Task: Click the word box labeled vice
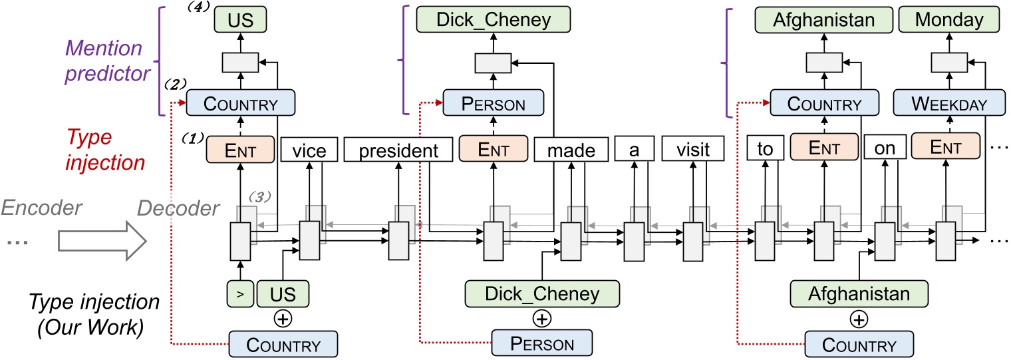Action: tap(309, 150)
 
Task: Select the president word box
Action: tap(398, 150)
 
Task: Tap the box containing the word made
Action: tap(571, 150)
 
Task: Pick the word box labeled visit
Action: tap(693, 148)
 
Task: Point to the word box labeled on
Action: tap(885, 147)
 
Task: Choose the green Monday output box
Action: tap(949, 19)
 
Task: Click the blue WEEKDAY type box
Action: tap(950, 102)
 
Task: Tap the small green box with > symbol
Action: tap(240, 293)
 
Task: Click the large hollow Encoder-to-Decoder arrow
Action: tap(102, 241)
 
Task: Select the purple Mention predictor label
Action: tap(108, 61)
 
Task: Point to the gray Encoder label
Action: tap(41, 208)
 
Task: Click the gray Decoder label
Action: tap(178, 208)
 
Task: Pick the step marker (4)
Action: tap(199, 7)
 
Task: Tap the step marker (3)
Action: tap(260, 196)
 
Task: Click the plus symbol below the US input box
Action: tap(283, 319)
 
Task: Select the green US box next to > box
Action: tap(283, 293)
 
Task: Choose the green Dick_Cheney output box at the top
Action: tap(494, 19)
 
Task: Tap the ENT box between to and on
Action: tap(824, 147)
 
